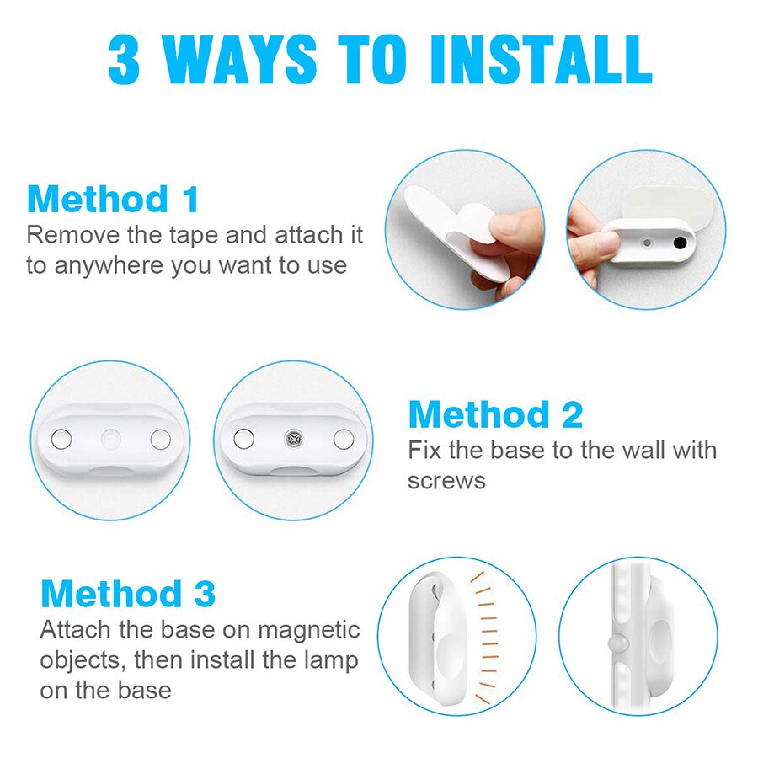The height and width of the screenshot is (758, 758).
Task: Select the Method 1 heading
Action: point(113,200)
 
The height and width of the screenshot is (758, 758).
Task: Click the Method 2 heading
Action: point(495,415)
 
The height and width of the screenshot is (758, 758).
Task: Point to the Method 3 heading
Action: point(128,594)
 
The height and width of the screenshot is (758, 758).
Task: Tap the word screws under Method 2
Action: point(446,480)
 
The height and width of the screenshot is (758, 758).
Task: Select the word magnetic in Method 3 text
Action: point(310,630)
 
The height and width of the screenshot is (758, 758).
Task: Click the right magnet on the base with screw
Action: point(342,438)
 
